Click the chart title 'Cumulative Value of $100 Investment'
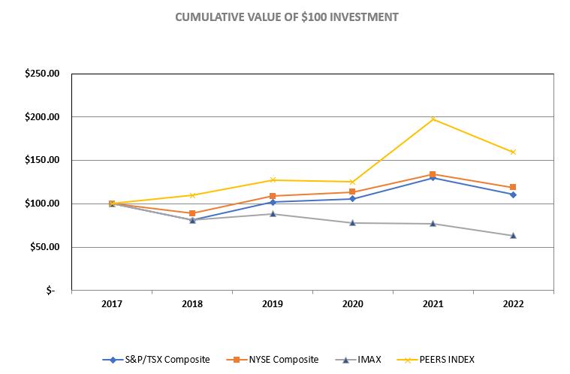tap(286, 17)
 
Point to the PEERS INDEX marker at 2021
tap(433, 119)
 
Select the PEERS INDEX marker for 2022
tap(513, 152)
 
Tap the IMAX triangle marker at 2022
tap(513, 235)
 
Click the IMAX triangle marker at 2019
tap(273, 213)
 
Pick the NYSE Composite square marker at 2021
tap(433, 174)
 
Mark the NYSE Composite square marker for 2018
tap(192, 213)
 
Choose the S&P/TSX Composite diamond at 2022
tap(513, 195)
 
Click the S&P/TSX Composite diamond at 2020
tap(352, 198)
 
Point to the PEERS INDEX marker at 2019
tap(273, 179)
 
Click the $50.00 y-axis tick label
tap(47, 247)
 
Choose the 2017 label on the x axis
tap(112, 304)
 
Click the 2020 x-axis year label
tap(352, 304)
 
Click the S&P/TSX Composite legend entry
tap(161, 360)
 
